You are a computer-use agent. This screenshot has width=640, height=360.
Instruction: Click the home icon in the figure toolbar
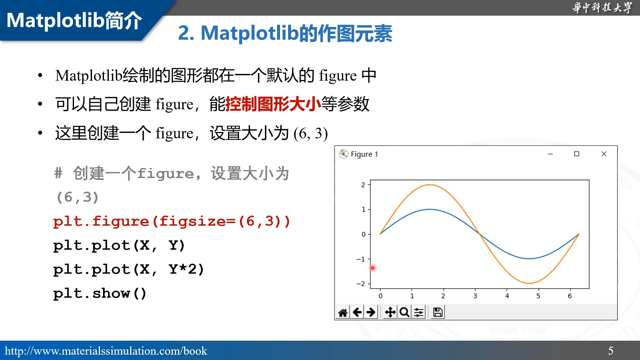pos(343,312)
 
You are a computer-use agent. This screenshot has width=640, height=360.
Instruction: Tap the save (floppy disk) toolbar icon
pos(438,312)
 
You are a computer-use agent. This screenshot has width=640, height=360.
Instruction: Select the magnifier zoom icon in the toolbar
pos(404,312)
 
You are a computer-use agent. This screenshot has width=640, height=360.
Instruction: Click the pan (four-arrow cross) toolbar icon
pos(390,312)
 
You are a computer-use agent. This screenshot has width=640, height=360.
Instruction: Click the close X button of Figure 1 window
pos(604,154)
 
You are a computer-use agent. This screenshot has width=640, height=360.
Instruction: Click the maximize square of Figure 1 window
pos(576,154)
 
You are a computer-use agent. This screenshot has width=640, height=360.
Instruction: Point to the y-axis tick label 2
pos(363,185)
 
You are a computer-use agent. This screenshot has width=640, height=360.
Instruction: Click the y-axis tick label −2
pos(361,284)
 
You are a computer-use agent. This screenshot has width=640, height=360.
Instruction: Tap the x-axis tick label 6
pos(570,296)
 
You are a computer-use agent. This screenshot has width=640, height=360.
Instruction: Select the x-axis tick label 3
pos(475,296)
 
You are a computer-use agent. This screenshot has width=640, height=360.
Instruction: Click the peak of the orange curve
pos(430,185)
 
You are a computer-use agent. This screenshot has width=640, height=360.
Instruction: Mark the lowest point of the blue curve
pos(529,258)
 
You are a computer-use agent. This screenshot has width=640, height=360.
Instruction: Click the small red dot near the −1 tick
pos(373,268)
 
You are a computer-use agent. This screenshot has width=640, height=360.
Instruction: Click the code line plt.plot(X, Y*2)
pos(128,269)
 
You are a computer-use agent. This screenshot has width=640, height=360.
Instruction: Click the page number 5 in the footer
pos(611,350)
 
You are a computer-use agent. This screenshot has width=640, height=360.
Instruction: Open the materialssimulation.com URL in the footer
pos(106,351)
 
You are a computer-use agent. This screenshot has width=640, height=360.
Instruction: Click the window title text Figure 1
pos(364,154)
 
